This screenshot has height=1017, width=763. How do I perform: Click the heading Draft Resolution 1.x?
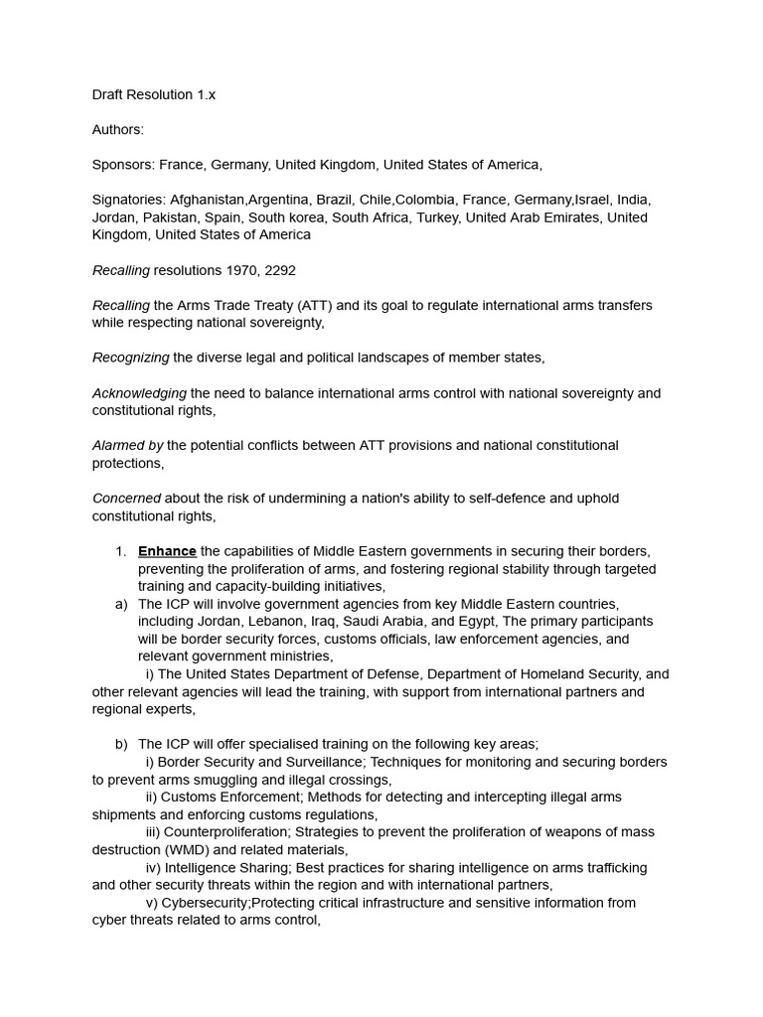click(x=153, y=94)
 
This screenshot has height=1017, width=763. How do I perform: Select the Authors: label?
click(x=117, y=129)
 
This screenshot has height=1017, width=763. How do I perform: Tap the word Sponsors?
click(x=123, y=165)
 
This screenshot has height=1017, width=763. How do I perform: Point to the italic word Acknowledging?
click(x=139, y=393)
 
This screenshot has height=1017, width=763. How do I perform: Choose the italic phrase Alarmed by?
click(x=127, y=446)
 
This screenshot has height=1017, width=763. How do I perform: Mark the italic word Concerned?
click(x=126, y=499)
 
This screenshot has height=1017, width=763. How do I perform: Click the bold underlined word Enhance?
click(x=167, y=551)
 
